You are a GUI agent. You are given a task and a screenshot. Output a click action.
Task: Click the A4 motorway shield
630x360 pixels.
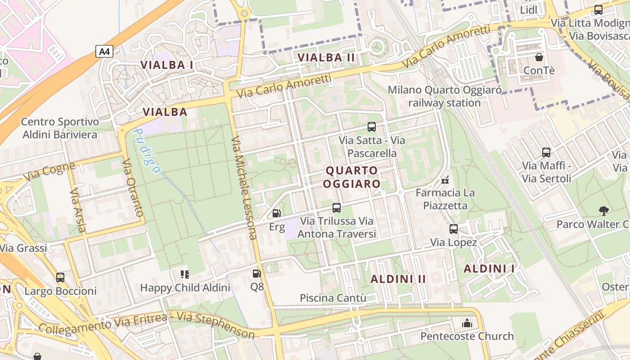click(104, 52)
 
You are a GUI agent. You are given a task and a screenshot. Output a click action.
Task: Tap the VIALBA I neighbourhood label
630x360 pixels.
click(167, 65)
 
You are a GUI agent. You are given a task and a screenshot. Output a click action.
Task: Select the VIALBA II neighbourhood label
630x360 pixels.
click(326, 58)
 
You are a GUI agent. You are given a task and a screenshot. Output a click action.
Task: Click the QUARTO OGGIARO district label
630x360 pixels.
click(352, 177)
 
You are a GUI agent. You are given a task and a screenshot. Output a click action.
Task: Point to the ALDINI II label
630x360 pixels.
click(398, 279)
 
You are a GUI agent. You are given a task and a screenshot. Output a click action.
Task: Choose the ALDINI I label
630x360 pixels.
click(489, 269)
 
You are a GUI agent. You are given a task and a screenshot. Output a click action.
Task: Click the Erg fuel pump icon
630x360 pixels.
click(277, 213)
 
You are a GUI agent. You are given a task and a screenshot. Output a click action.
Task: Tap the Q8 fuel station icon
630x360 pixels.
click(256, 273)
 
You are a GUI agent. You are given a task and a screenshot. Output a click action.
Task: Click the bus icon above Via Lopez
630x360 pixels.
click(454, 229)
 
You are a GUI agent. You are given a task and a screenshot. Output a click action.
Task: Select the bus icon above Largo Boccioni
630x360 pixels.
click(60, 277)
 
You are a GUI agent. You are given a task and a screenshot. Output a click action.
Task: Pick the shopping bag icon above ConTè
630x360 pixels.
click(539, 57)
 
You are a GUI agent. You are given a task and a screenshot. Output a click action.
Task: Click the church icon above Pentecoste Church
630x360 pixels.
click(467, 323)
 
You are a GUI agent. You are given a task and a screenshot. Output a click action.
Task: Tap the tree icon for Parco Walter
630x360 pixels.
click(603, 210)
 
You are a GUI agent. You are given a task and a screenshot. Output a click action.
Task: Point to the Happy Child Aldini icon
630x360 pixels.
click(185, 274)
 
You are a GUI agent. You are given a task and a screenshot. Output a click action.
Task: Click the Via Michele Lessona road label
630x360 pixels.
click(244, 188)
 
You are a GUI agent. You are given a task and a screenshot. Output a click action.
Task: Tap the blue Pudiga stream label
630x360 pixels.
click(147, 151)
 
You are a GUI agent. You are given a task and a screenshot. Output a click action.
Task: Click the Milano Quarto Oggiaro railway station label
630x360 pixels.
click(445, 96)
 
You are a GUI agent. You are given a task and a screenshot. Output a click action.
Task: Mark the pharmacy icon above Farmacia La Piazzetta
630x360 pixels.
click(445, 180)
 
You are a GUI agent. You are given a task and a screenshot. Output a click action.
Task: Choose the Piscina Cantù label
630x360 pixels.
click(333, 298)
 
